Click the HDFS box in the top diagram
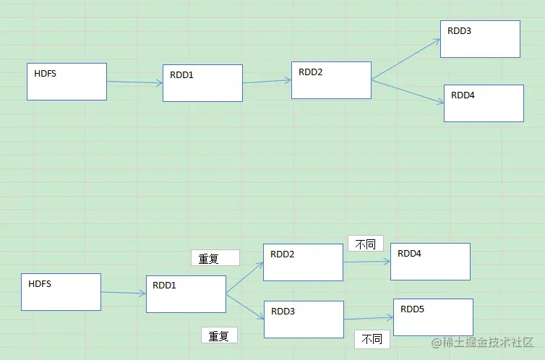(x=66, y=82)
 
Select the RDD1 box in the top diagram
(x=202, y=83)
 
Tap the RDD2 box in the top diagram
(x=331, y=80)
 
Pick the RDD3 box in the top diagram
(x=481, y=39)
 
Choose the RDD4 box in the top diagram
(x=484, y=103)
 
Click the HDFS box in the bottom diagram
(x=61, y=292)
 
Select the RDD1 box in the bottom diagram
(x=186, y=294)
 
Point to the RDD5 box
(x=433, y=317)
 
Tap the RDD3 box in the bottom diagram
(x=304, y=320)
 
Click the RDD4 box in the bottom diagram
(x=430, y=262)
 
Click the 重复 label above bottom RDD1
(x=215, y=258)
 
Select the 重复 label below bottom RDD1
(x=219, y=335)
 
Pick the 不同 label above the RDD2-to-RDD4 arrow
(x=366, y=243)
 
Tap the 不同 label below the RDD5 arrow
(x=372, y=340)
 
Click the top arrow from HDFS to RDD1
(x=135, y=82)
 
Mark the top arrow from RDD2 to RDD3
(x=406, y=59)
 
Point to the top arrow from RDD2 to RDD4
(x=408, y=92)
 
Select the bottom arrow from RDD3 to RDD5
(x=369, y=318)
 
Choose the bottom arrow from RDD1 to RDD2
(x=245, y=278)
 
